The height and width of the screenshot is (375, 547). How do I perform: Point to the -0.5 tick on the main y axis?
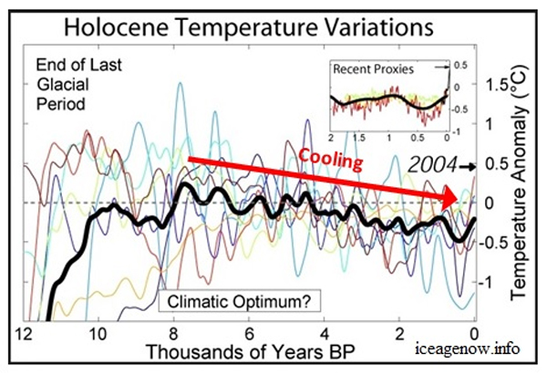497,243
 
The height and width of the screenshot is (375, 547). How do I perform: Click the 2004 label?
436,166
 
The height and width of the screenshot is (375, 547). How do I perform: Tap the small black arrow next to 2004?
469,167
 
